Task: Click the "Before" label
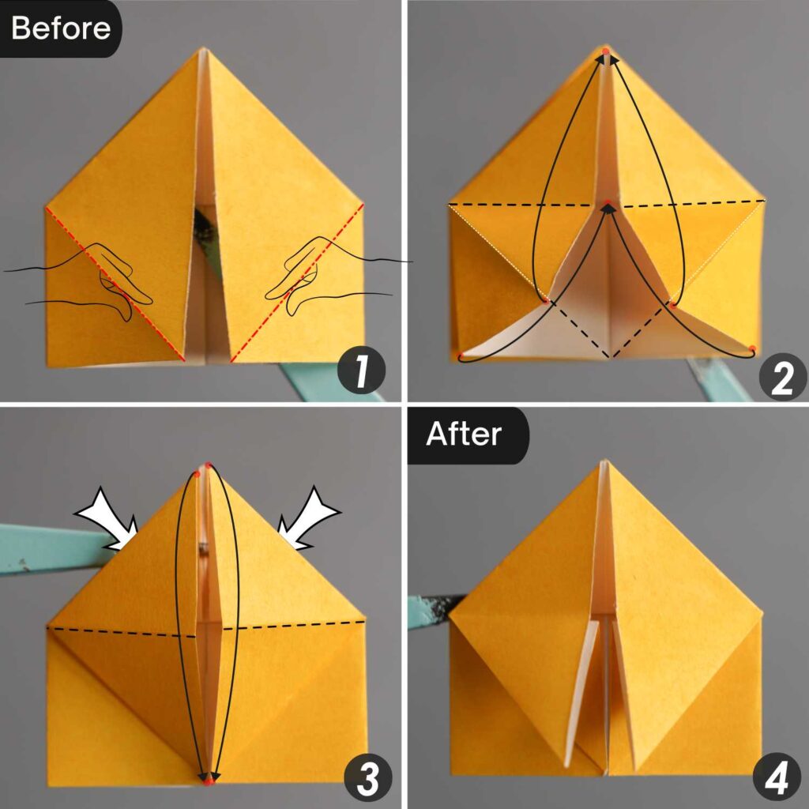[x=60, y=28]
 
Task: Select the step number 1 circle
[x=360, y=373]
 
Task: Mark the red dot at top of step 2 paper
[x=605, y=52]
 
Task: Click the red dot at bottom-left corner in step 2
[x=461, y=355]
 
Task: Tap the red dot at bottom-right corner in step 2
[x=752, y=348]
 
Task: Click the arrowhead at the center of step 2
[x=607, y=207]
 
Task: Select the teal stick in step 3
[x=47, y=549]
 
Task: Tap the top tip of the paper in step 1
[x=201, y=51]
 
